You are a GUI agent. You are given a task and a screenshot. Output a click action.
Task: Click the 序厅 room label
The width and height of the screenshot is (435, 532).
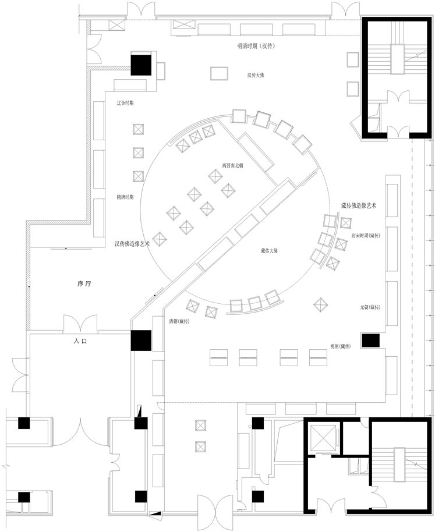tap(85, 285)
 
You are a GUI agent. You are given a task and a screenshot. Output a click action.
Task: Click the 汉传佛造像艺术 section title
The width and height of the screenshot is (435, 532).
tap(132, 244)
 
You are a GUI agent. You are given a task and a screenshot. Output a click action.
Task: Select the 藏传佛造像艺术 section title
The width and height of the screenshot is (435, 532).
tap(359, 206)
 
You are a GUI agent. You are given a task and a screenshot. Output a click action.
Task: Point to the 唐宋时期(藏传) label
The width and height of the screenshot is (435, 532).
tap(365, 236)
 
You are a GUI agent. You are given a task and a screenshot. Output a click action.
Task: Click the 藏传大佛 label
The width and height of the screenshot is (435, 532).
tap(269, 251)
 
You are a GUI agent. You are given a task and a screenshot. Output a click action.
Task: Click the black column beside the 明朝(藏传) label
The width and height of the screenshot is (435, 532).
tap(370, 341)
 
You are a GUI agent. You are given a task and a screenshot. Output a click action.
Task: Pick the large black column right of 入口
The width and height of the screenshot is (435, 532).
tap(141, 341)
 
